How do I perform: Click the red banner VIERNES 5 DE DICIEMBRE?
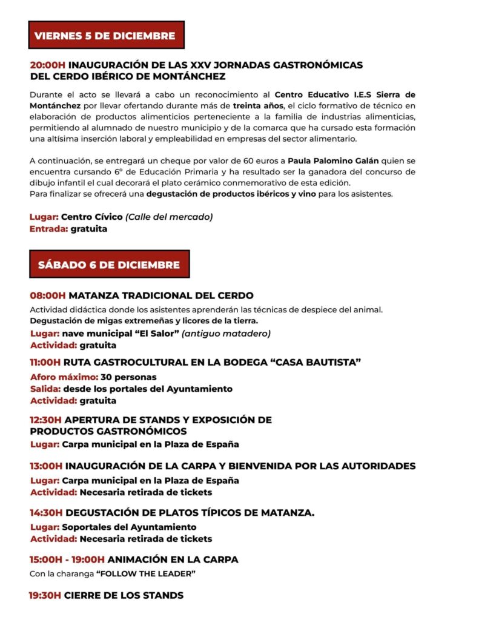[x=105, y=36]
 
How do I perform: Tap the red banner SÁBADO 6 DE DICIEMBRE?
[x=109, y=265]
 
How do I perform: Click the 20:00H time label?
[x=48, y=65]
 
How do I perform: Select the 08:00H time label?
[x=48, y=296]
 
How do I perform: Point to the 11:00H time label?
[x=45, y=363]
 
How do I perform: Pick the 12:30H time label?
[x=46, y=420]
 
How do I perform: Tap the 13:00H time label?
[x=46, y=466]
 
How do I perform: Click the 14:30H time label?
[x=47, y=513]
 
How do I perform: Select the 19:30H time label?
[x=45, y=595]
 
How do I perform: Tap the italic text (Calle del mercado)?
[x=169, y=217]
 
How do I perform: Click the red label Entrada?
[x=48, y=229]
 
